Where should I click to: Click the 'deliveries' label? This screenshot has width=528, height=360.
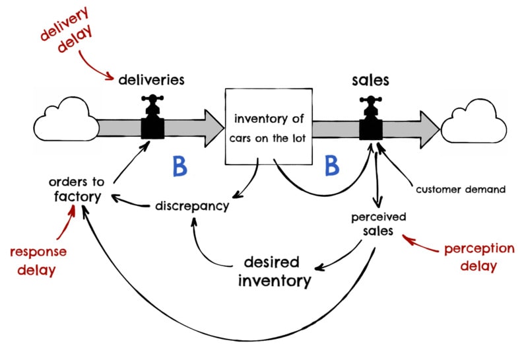tap(151, 80)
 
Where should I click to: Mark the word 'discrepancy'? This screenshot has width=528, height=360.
tap(192, 205)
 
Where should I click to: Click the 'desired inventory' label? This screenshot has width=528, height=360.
tap(275, 270)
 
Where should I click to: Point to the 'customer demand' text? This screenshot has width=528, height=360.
tap(460, 190)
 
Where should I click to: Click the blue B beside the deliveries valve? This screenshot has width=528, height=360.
tap(180, 167)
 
